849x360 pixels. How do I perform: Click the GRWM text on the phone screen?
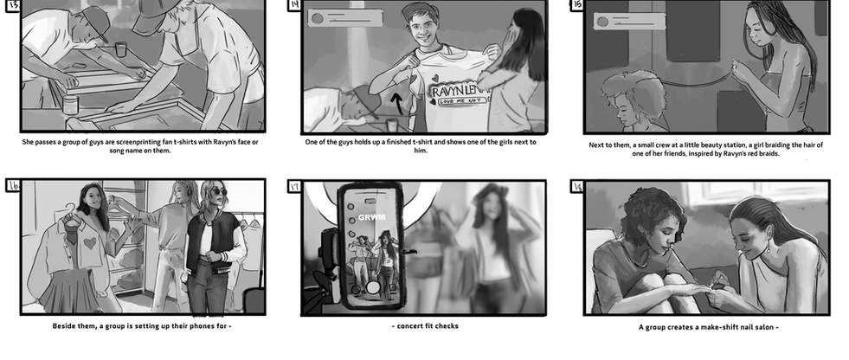372,217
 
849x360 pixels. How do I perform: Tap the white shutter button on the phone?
372,287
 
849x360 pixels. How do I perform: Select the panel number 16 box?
13,186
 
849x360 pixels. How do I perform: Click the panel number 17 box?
294,186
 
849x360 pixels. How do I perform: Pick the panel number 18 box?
577,186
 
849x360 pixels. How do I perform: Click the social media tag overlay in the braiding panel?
629,22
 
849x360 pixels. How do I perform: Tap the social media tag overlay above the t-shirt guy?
345,17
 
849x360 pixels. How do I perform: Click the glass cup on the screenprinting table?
121,48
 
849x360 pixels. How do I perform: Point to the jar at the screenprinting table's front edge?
70,105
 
